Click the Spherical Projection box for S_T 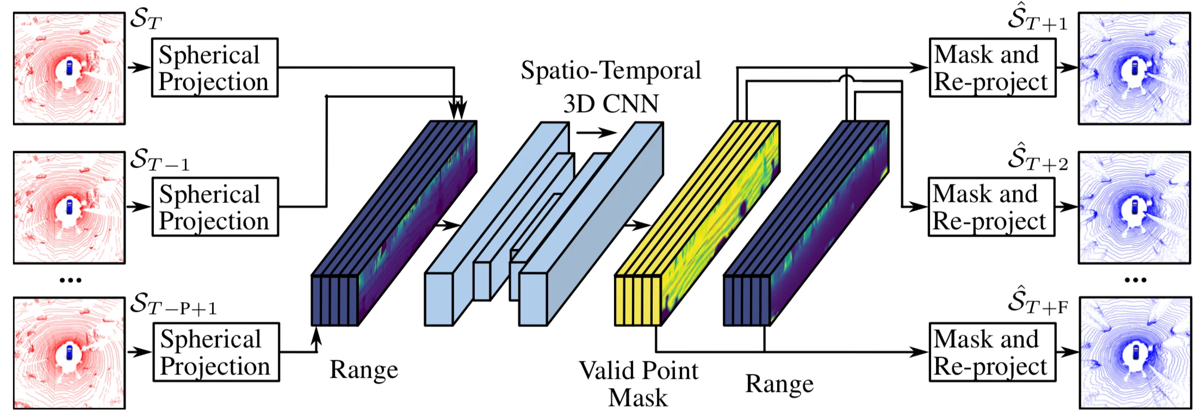click(x=214, y=67)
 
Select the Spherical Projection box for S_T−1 click(x=215, y=207)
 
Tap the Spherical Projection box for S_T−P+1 click(x=216, y=352)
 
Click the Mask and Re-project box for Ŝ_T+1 click(x=992, y=67)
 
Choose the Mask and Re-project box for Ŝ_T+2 click(x=991, y=207)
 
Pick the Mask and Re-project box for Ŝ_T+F click(x=992, y=352)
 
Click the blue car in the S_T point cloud click(x=69, y=67)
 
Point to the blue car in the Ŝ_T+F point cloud click(x=1135, y=352)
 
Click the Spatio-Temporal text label click(x=611, y=70)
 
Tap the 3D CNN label click(x=611, y=103)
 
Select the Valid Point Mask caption click(x=638, y=384)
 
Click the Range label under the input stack click(x=364, y=370)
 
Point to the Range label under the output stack click(x=779, y=384)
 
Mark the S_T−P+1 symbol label click(x=174, y=304)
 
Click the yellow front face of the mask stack click(x=637, y=300)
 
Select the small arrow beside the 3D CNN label click(x=597, y=132)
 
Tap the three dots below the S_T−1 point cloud click(x=70, y=280)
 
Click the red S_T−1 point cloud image click(x=69, y=207)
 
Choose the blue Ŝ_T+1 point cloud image click(x=1135, y=69)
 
